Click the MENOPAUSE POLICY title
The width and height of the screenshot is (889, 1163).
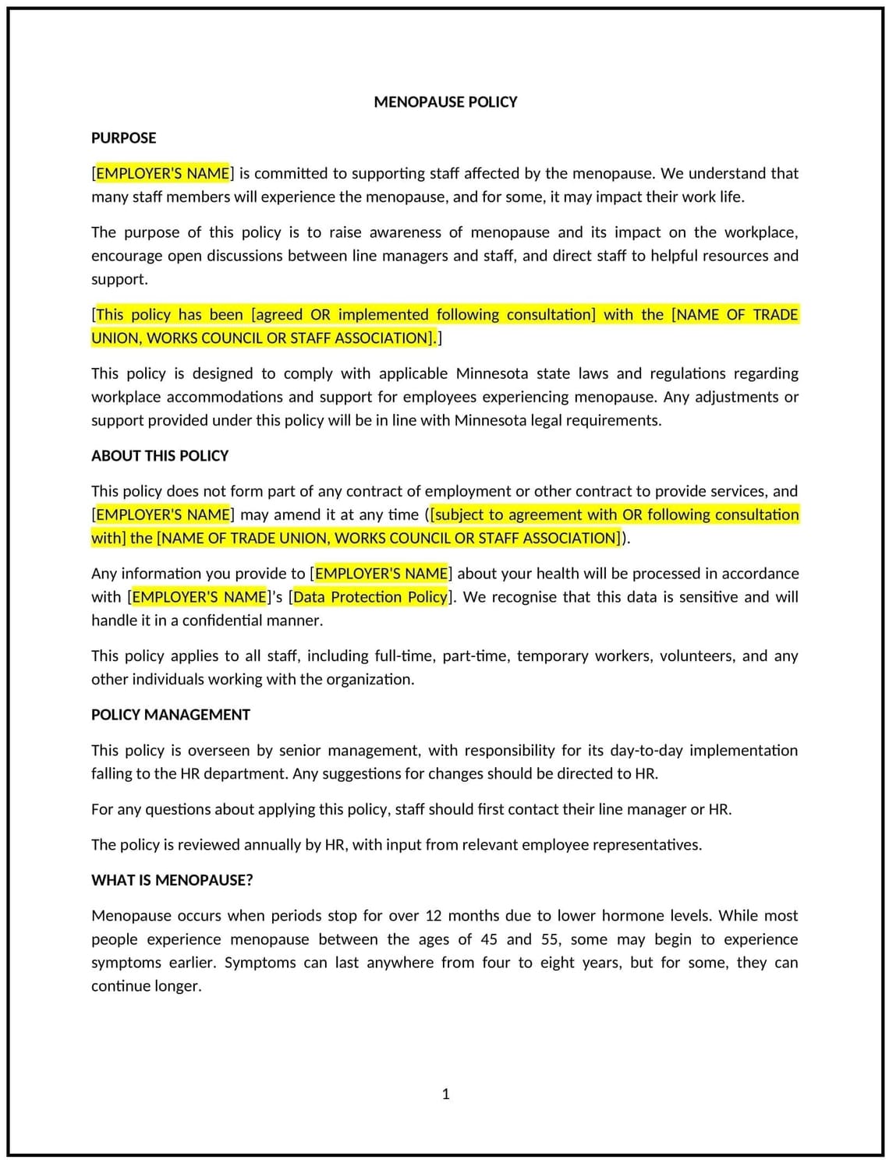click(x=445, y=102)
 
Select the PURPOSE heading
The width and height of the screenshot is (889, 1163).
click(x=123, y=138)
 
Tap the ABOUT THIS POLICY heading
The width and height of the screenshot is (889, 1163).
click(x=160, y=456)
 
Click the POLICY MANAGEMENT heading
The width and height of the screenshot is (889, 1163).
click(x=171, y=715)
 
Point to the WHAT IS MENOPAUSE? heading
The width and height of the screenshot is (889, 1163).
click(x=172, y=880)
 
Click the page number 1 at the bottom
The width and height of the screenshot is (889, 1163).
click(x=446, y=1094)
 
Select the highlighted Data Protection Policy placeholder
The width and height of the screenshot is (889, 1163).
click(x=370, y=597)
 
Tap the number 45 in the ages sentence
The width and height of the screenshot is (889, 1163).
click(x=489, y=939)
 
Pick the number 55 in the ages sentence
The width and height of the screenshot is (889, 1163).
click(x=551, y=939)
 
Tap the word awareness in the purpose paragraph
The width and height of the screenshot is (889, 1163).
click(x=404, y=232)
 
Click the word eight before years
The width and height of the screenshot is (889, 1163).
click(x=558, y=963)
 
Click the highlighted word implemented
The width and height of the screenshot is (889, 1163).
click(x=383, y=315)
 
